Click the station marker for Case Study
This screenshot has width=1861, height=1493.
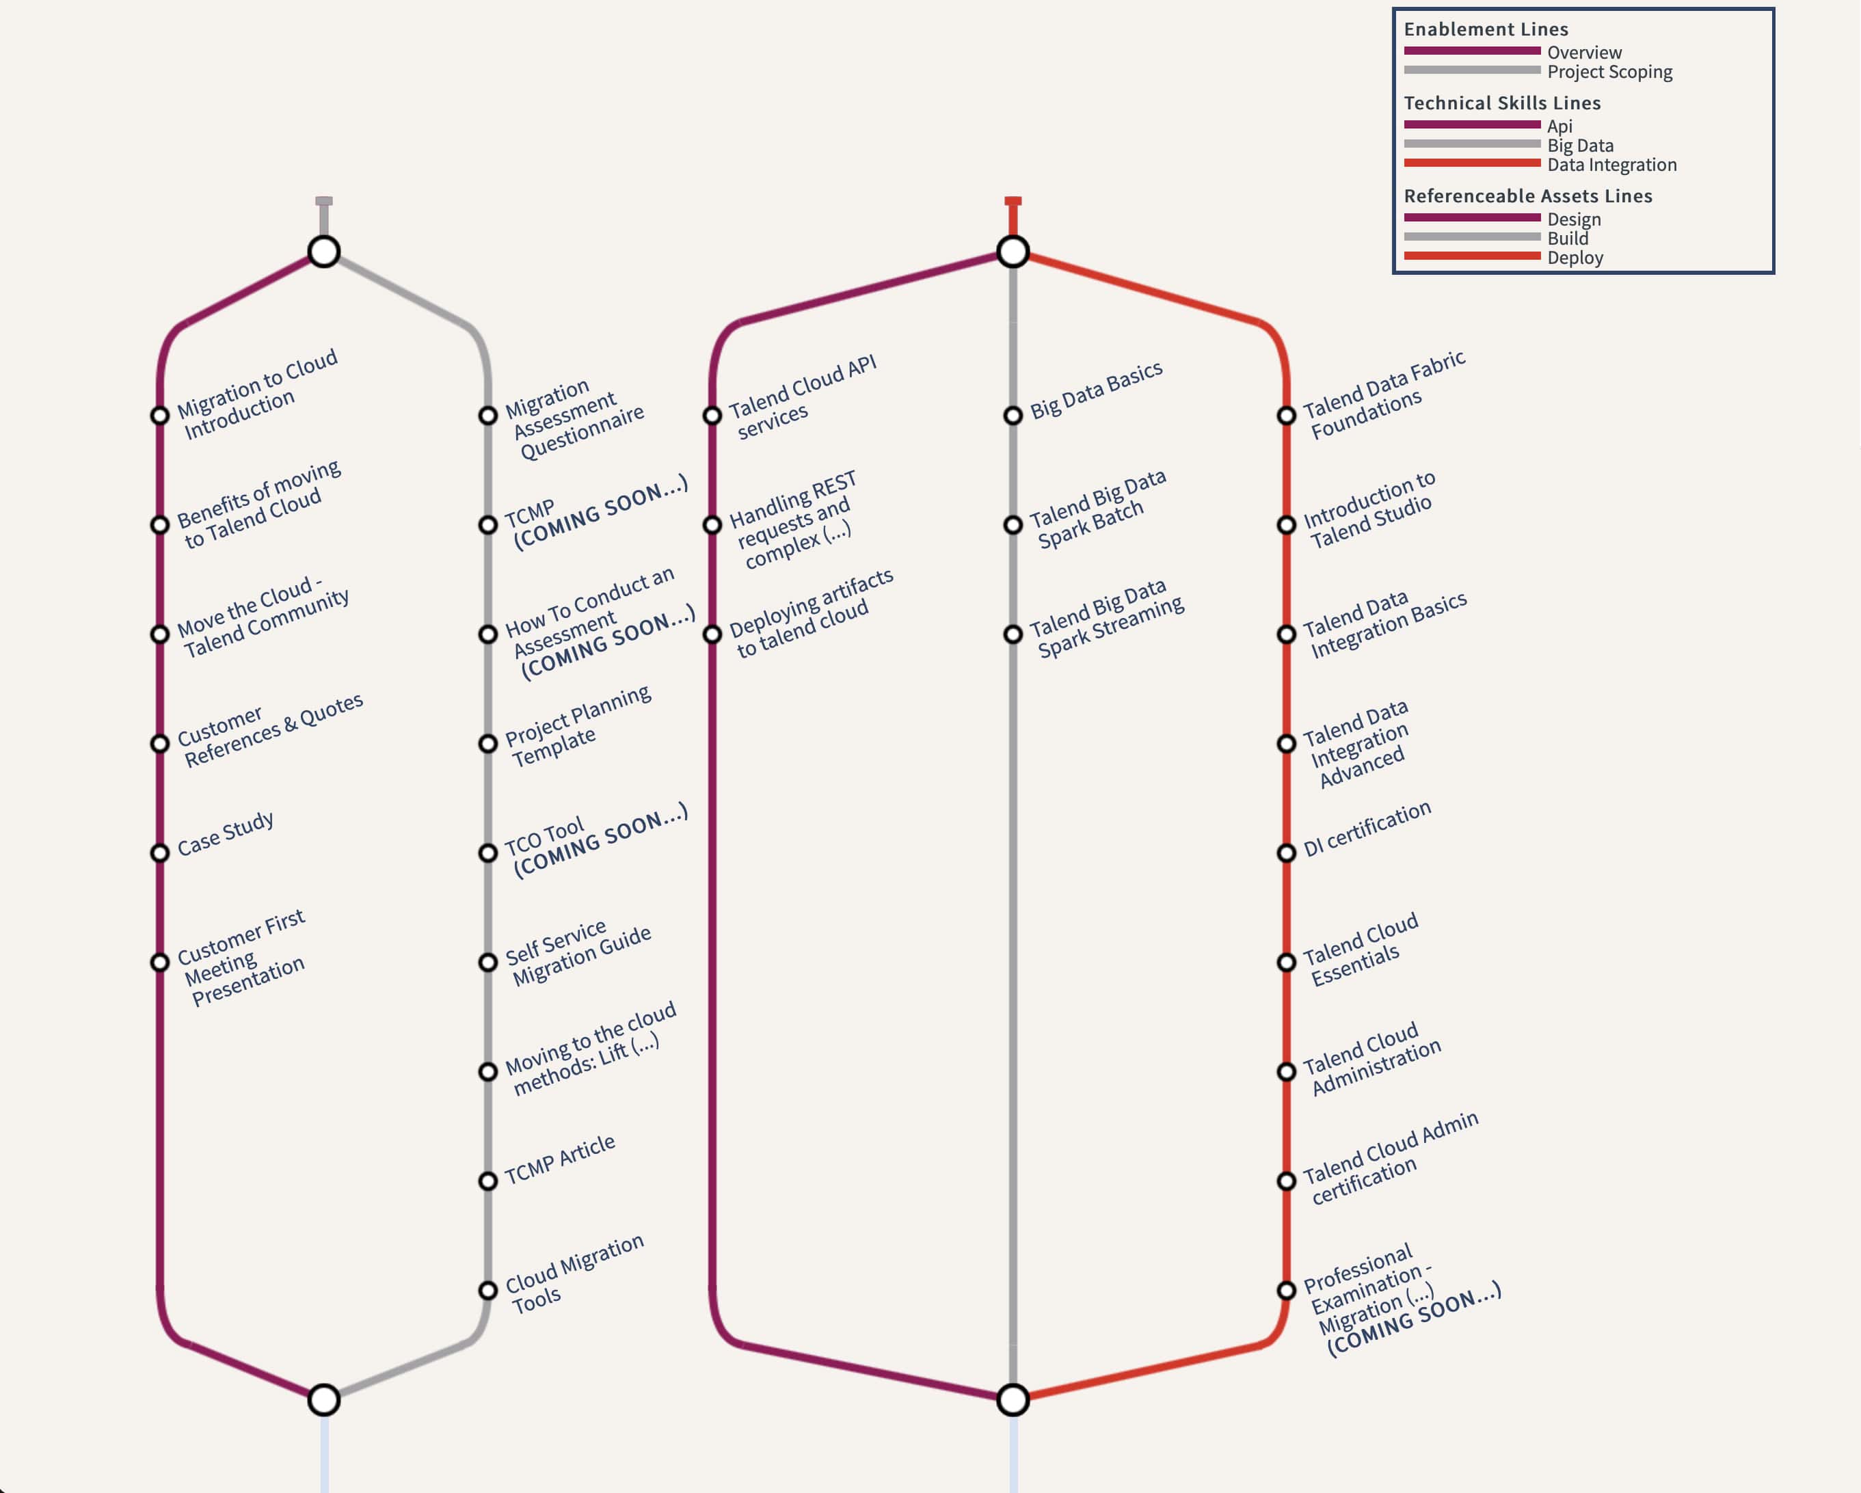click(x=160, y=852)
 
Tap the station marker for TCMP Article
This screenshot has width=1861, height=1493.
click(x=487, y=1181)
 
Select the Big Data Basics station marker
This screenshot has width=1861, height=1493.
click(x=1013, y=416)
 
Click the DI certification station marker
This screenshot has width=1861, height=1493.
click(x=1286, y=852)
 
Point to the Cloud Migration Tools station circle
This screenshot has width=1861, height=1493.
click(x=487, y=1290)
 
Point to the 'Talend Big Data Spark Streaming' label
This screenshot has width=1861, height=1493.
click(x=1108, y=619)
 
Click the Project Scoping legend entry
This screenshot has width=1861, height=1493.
click(x=1609, y=72)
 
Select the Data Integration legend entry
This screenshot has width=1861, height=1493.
click(x=1611, y=165)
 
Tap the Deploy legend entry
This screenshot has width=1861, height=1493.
click(x=1575, y=258)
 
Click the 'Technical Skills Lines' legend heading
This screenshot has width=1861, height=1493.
click(x=1502, y=103)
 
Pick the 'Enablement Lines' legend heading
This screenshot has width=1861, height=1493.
click(x=1486, y=29)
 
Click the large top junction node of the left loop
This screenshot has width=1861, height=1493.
click(x=323, y=252)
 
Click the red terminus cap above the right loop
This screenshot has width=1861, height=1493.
click(x=1013, y=202)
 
